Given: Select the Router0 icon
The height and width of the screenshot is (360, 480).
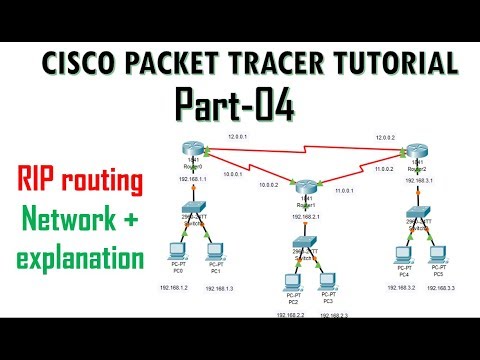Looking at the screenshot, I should click(x=191, y=151).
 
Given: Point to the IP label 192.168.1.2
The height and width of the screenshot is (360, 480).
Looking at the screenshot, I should click(x=174, y=286).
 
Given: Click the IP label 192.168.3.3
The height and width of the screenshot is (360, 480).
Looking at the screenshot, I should click(x=442, y=286).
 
